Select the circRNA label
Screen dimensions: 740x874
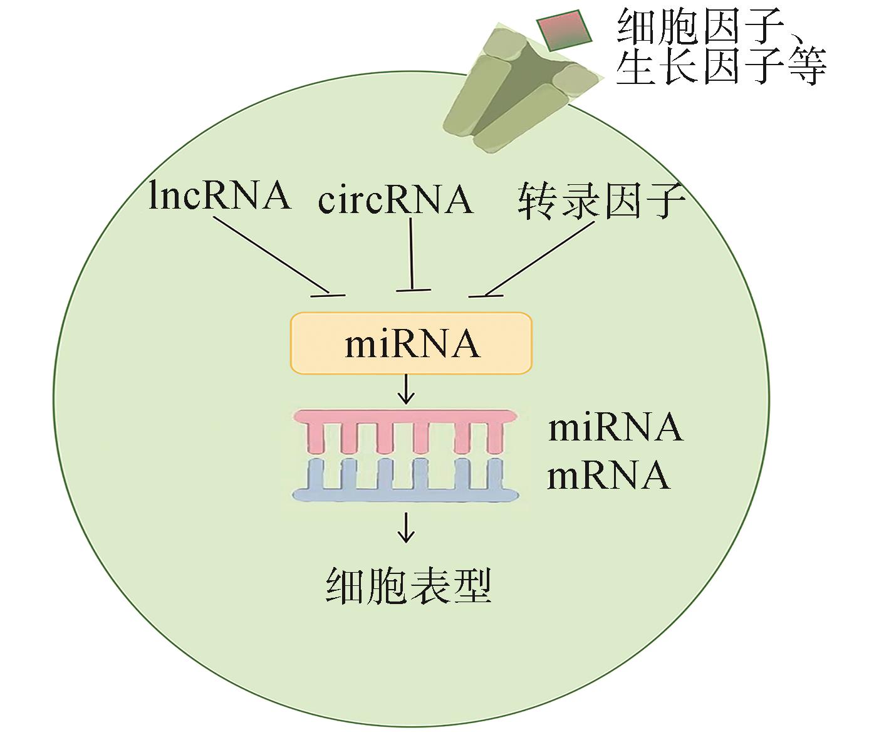coord(395,199)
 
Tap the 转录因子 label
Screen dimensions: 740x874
coord(601,201)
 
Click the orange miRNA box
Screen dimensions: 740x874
coord(411,343)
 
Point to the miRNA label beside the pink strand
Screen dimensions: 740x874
coord(615,427)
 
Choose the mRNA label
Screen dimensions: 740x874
coord(608,476)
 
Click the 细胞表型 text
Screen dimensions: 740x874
coord(408,586)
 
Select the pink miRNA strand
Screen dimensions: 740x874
coord(407,419)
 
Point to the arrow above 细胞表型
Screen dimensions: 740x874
coord(407,527)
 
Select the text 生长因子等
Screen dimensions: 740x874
coord(721,66)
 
